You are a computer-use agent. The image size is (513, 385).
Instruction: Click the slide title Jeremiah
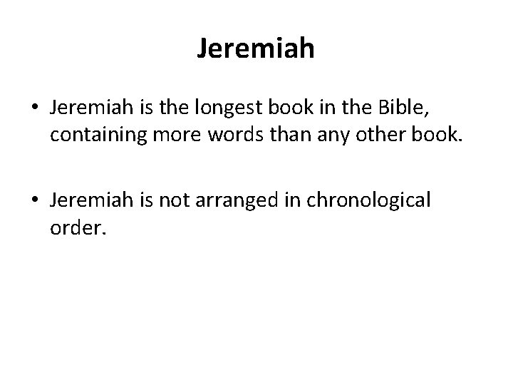tap(256, 50)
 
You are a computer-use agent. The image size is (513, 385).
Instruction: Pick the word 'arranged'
tap(229, 202)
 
